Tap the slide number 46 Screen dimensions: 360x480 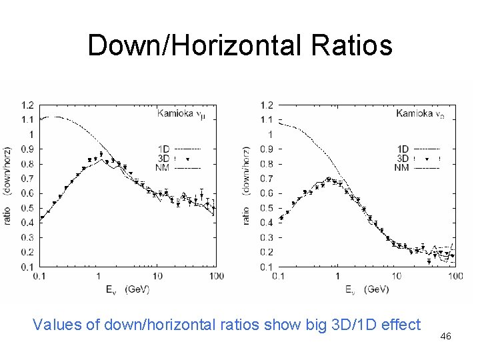[x=446, y=337]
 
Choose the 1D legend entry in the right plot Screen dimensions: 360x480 [x=402, y=149]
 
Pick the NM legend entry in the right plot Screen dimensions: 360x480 [x=402, y=167]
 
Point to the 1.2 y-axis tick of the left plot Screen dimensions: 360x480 [x=29, y=105]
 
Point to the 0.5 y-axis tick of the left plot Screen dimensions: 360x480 [x=29, y=208]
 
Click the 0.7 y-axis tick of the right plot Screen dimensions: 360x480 [x=266, y=179]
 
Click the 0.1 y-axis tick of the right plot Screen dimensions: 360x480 [x=266, y=267]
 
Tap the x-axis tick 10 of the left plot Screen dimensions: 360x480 [x=157, y=276]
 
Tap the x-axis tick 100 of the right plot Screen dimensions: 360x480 [x=455, y=276]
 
